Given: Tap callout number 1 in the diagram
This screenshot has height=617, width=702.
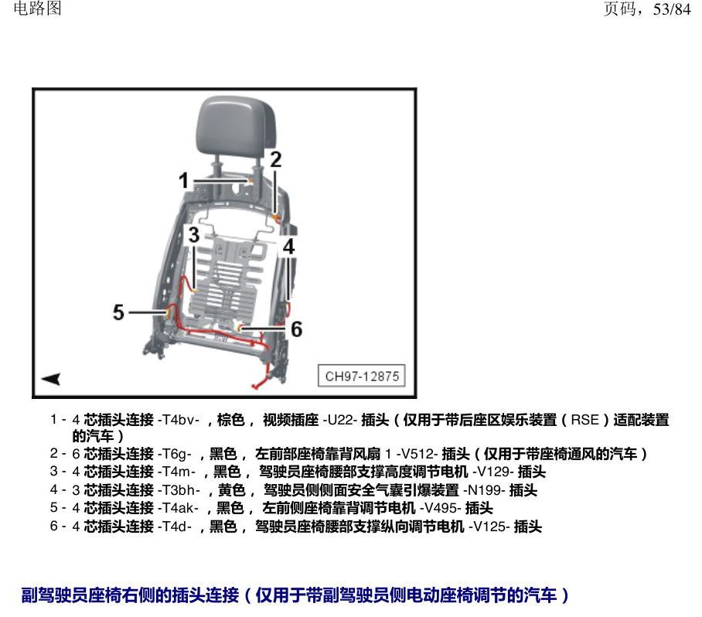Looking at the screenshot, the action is [183, 180].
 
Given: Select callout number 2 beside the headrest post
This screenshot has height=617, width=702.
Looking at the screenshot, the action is [276, 160].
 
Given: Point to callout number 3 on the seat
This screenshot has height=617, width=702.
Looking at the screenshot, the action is [193, 234].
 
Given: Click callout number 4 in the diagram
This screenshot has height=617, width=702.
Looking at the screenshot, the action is [289, 247].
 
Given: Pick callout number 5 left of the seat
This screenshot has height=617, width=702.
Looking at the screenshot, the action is [118, 312].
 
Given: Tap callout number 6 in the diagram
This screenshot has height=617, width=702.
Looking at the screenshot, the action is [296, 329].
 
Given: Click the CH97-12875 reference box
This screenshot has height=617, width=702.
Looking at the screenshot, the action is [362, 376].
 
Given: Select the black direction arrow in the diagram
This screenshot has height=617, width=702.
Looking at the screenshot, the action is [51, 379].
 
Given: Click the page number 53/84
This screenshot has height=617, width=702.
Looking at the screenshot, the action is [672, 9].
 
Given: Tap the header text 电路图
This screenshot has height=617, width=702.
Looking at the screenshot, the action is [38, 9].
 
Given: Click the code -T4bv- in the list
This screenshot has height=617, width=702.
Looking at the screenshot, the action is [178, 420].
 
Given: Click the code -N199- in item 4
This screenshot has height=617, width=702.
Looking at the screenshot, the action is [485, 490].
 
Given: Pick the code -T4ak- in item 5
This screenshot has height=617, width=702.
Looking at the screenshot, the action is [178, 508].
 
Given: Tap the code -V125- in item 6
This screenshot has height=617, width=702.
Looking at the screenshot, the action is [489, 526].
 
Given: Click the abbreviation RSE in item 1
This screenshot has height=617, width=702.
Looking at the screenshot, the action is [584, 420].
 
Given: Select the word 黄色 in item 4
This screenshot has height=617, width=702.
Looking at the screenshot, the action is [231, 490].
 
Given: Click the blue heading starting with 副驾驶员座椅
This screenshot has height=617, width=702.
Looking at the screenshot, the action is [295, 595].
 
